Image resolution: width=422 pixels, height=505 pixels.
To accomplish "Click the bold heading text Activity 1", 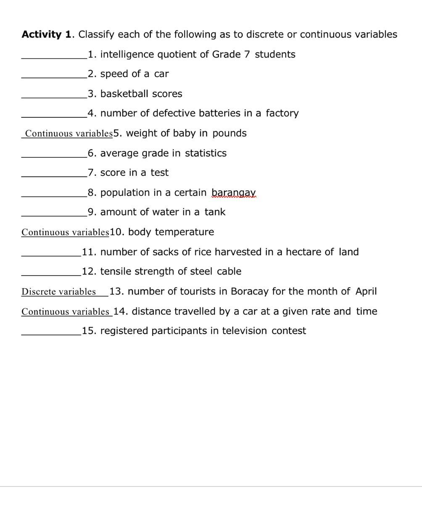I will click(46, 35).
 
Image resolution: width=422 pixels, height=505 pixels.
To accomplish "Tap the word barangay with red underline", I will click(233, 193).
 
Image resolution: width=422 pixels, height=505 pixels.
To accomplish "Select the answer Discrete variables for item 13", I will click(58, 292).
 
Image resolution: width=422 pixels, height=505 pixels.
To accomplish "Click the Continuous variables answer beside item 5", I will click(69, 134).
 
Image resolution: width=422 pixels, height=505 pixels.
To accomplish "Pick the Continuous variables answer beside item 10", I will click(65, 232).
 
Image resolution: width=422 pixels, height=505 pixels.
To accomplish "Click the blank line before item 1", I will click(54, 58).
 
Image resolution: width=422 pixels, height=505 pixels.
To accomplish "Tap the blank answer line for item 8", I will click(54, 196).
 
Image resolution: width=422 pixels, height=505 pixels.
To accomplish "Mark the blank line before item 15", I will click(51, 335).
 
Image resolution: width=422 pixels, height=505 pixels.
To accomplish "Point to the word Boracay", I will click(249, 291).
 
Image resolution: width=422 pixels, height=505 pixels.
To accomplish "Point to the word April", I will click(366, 291).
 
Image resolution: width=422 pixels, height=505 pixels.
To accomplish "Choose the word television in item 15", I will click(244, 331).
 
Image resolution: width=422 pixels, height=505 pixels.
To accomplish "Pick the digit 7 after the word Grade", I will click(247, 54).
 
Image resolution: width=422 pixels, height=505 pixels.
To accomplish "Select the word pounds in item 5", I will click(229, 133).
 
